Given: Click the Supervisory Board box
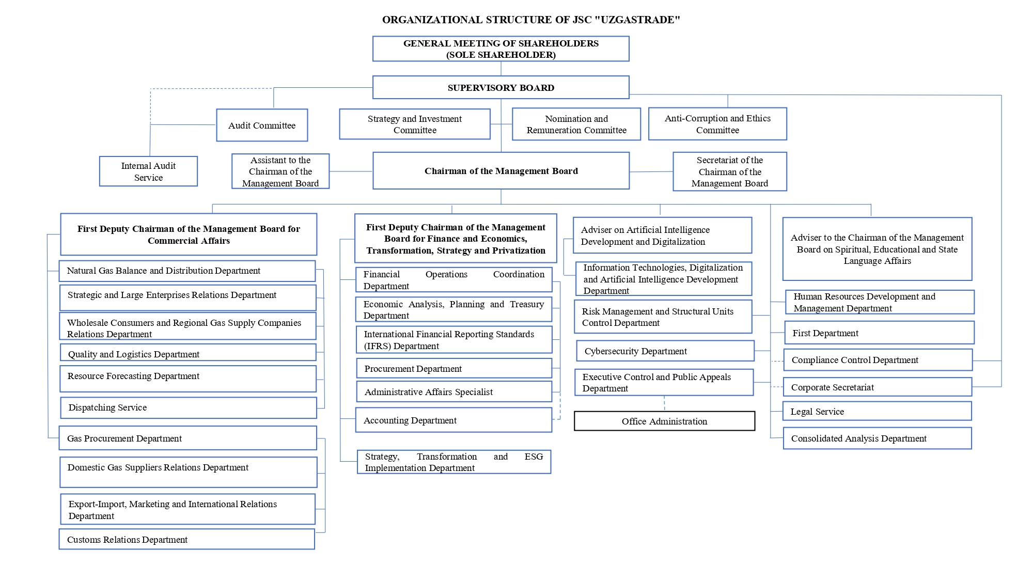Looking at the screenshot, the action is click(x=500, y=87).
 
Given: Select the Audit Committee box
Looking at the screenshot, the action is click(x=262, y=125).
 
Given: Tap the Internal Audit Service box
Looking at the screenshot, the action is click(x=148, y=171).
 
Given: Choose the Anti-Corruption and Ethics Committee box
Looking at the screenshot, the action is click(x=717, y=124).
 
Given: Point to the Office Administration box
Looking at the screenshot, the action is click(x=664, y=421).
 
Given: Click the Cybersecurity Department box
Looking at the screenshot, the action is click(x=665, y=351).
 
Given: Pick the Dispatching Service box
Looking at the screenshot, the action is click(x=189, y=407).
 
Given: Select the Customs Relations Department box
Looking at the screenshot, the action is click(x=187, y=539).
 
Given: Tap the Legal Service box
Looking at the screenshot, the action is click(x=878, y=411).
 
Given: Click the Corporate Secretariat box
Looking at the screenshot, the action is click(x=878, y=387).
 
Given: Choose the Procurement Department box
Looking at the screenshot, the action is click(x=454, y=368).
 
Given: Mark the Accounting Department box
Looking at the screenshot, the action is click(x=453, y=420).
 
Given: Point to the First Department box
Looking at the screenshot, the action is click(x=880, y=333).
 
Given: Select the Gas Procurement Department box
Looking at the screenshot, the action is click(x=188, y=438).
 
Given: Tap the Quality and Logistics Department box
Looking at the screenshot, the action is click(x=188, y=353).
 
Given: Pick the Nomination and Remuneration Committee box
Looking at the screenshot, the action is click(x=576, y=124).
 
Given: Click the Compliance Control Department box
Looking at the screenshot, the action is click(x=878, y=360).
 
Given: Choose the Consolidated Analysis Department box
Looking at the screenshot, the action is click(x=878, y=438).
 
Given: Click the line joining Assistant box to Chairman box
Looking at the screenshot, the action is click(x=351, y=171).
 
